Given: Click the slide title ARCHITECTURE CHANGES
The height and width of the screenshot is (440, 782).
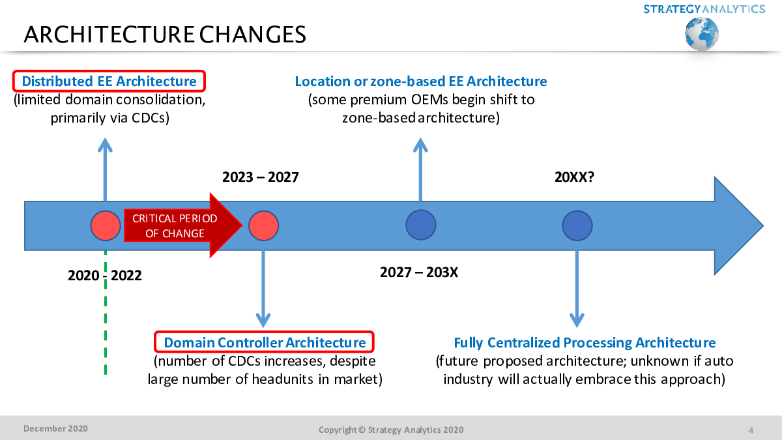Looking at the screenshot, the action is click(x=165, y=35).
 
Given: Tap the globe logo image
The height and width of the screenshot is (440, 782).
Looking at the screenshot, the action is click(x=702, y=34).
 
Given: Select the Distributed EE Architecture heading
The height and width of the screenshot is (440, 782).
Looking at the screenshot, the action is click(x=109, y=81).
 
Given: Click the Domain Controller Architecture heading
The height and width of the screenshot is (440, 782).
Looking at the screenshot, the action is click(x=265, y=343).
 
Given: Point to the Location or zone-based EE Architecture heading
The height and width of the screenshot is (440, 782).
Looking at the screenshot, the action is click(x=421, y=81).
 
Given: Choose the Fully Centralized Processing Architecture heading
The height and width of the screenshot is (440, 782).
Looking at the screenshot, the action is click(x=585, y=343).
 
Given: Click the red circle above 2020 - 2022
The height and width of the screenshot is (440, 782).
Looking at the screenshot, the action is click(x=106, y=226).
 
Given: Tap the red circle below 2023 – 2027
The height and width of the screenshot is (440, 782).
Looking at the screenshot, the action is click(x=263, y=226).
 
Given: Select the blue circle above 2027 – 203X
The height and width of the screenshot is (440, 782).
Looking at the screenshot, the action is click(x=421, y=225).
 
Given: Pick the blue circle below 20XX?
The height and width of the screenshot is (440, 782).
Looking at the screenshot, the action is click(x=577, y=226).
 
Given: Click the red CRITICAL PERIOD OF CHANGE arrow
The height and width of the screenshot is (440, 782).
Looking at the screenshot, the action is click(x=183, y=226).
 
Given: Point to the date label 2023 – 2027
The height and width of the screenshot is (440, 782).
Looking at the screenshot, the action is click(x=261, y=177).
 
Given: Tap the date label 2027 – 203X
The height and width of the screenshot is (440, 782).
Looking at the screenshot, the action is click(x=418, y=272).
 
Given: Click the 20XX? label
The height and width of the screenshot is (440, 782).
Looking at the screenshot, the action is click(x=574, y=177).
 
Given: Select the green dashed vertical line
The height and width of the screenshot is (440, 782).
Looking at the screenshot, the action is click(x=106, y=313).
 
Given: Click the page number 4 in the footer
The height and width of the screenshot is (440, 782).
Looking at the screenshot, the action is click(x=751, y=430).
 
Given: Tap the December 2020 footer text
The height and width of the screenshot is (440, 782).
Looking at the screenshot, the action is click(x=55, y=428).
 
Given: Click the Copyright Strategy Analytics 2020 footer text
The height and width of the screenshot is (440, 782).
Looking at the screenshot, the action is click(x=391, y=430).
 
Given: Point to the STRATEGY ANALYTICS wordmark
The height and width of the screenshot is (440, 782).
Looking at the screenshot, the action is click(x=704, y=9).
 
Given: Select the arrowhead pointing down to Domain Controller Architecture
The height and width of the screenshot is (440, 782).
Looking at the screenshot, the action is click(x=263, y=319).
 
